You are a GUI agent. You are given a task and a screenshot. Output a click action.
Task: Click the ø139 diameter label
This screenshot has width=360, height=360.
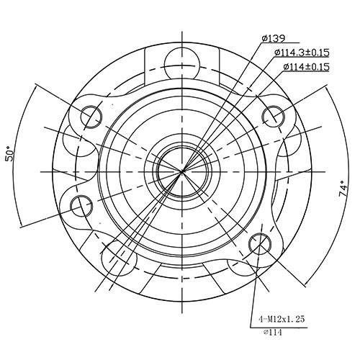274,37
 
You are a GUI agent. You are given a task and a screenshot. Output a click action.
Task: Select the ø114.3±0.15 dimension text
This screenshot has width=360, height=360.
301,53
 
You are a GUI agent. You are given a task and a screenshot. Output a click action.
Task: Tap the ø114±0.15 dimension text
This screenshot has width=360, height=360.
305,67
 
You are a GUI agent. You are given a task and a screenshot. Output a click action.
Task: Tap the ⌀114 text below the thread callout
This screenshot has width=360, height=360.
271,332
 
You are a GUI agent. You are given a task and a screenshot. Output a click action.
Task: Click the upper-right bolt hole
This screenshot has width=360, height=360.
274,116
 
